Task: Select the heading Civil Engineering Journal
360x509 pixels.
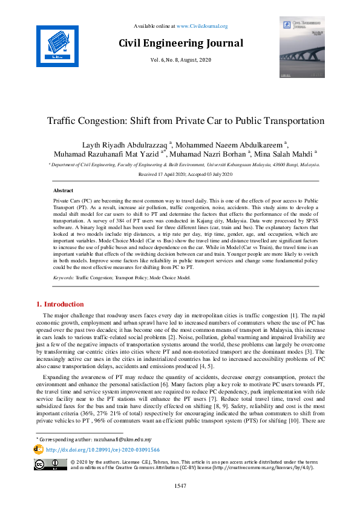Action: click(x=181, y=44)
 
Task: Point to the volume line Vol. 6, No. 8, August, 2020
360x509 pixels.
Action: click(x=181, y=60)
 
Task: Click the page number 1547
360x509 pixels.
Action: click(x=180, y=486)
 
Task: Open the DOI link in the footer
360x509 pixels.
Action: click(x=103, y=450)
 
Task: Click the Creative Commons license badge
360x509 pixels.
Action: click(x=50, y=465)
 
